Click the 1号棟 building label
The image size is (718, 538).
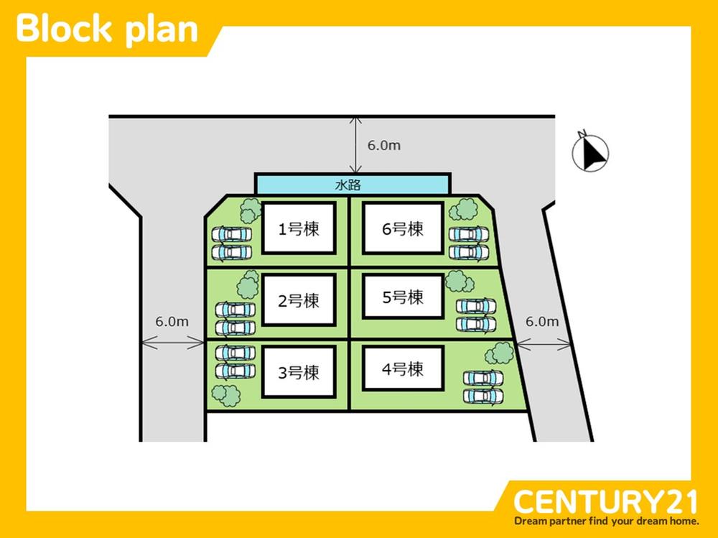299,228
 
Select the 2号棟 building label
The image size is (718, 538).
299,301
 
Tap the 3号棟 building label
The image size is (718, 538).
299,373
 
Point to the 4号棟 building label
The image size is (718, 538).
403,369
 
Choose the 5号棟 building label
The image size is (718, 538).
403,297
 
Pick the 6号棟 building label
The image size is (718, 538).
403,228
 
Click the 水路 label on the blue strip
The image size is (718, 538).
348,185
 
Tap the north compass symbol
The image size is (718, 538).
590,152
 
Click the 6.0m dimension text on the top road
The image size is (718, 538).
383,145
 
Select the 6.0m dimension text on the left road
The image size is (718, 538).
172,322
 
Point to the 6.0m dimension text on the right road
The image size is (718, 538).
542,322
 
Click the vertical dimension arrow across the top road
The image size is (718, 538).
356,145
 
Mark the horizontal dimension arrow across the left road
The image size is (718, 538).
172,343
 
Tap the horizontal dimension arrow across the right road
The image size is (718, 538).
544,343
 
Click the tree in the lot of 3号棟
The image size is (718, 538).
226,395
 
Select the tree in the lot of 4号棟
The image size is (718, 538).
500,353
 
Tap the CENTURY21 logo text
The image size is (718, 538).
606,502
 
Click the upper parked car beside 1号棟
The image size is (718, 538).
232,235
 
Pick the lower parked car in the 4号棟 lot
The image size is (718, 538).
483,396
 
